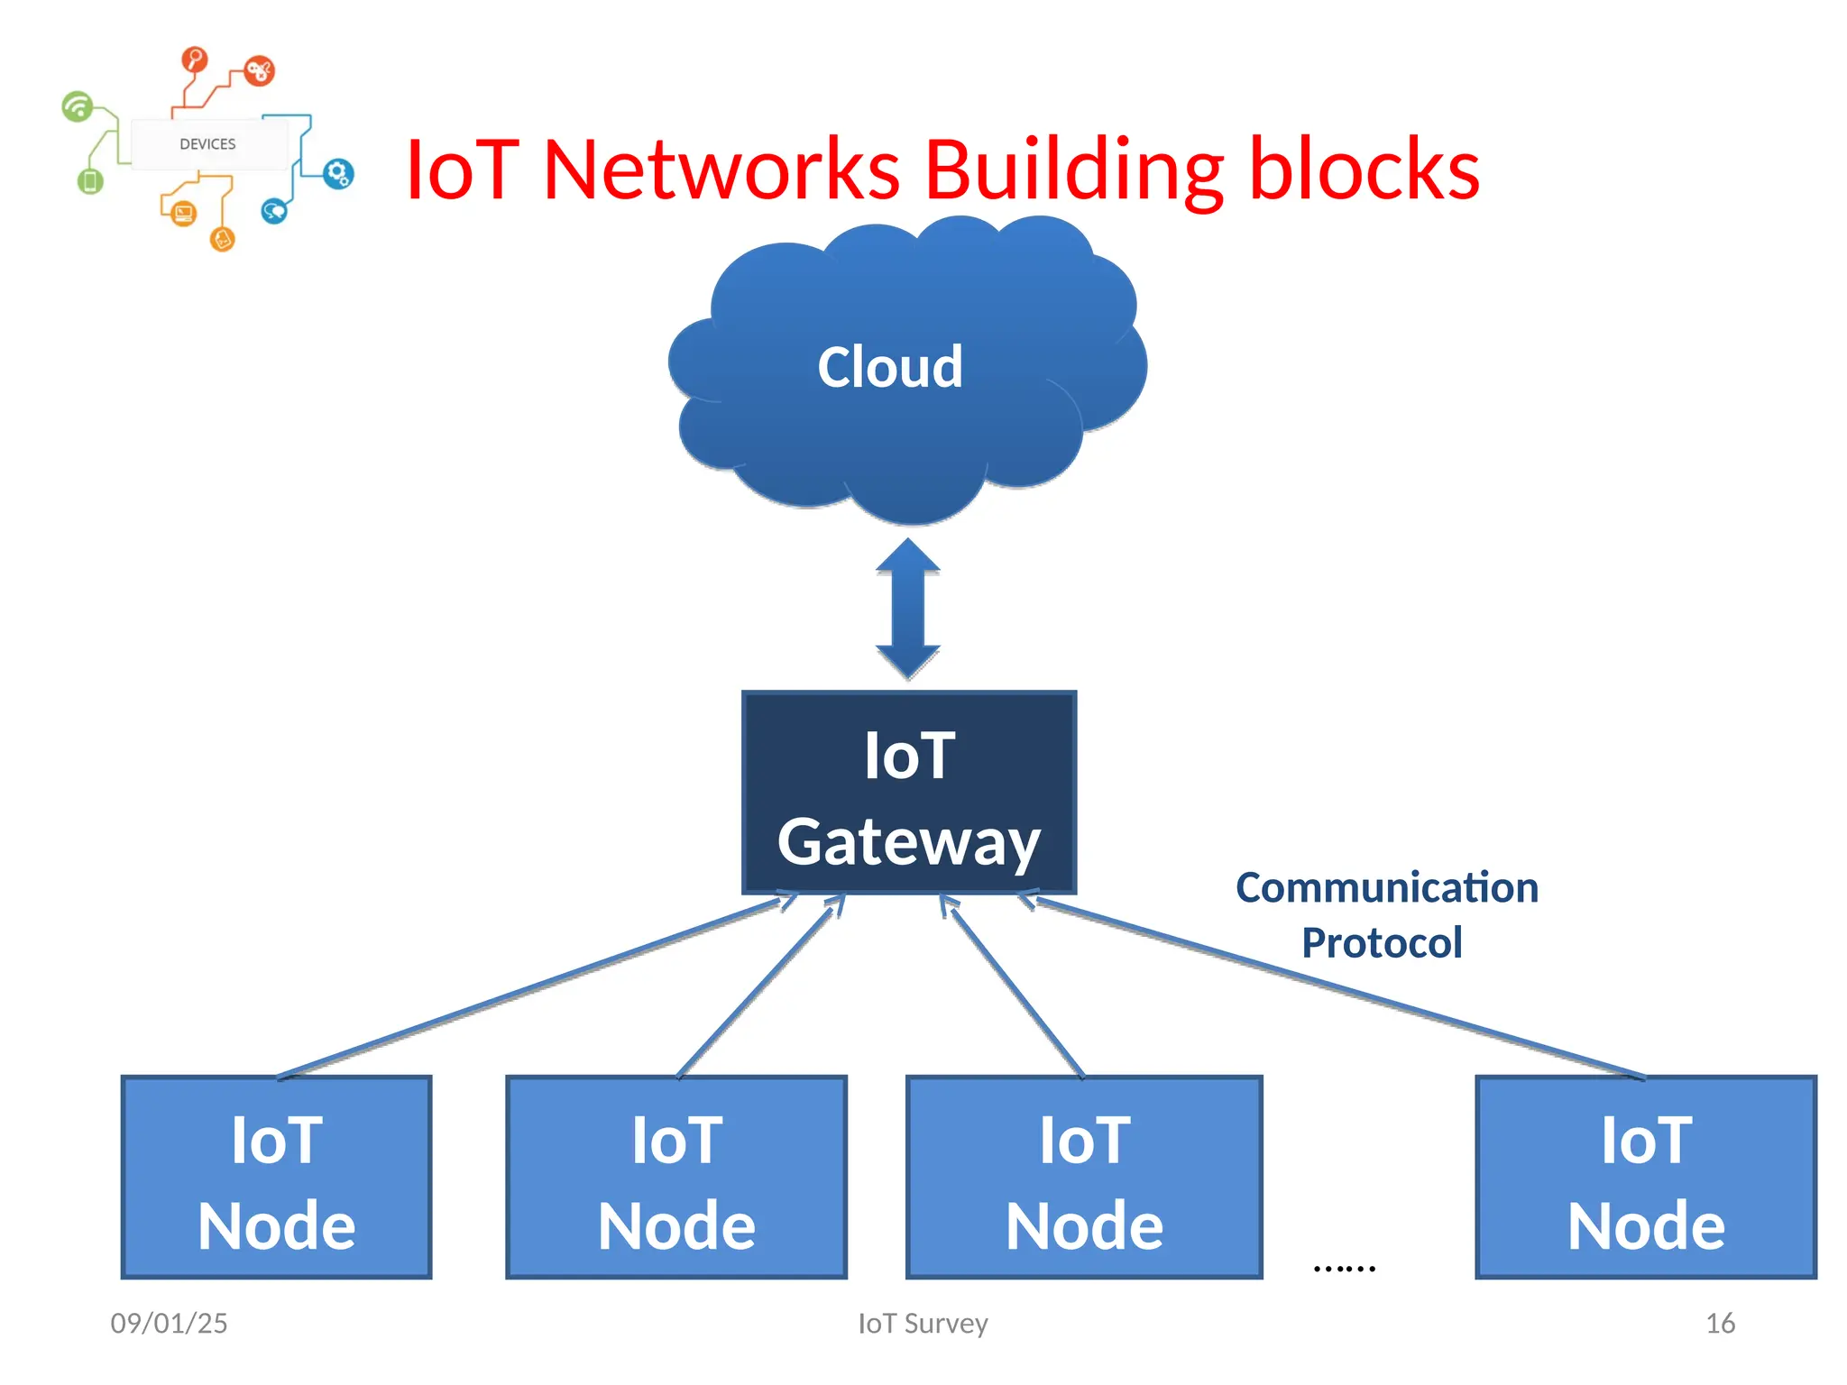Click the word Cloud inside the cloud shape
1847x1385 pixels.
889,367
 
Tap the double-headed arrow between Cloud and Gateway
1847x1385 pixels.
908,610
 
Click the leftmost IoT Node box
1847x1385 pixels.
276,1178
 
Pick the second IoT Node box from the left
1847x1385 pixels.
676,1178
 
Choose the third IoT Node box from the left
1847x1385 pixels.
1084,1178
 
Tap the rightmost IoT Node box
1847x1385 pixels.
1646,1178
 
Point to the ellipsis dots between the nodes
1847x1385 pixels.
1344,1268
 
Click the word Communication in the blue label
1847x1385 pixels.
1386,888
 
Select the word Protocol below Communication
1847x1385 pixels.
1381,943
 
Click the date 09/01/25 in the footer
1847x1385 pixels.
169,1323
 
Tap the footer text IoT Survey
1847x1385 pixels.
923,1323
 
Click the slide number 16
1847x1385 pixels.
1720,1323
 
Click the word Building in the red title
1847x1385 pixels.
1074,170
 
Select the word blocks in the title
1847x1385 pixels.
1364,170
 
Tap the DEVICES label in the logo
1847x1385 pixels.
207,144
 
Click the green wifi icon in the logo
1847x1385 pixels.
78,106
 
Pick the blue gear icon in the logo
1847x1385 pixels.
338,173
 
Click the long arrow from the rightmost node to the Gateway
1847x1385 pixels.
1335,986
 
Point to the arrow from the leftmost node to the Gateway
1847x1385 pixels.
532,987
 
